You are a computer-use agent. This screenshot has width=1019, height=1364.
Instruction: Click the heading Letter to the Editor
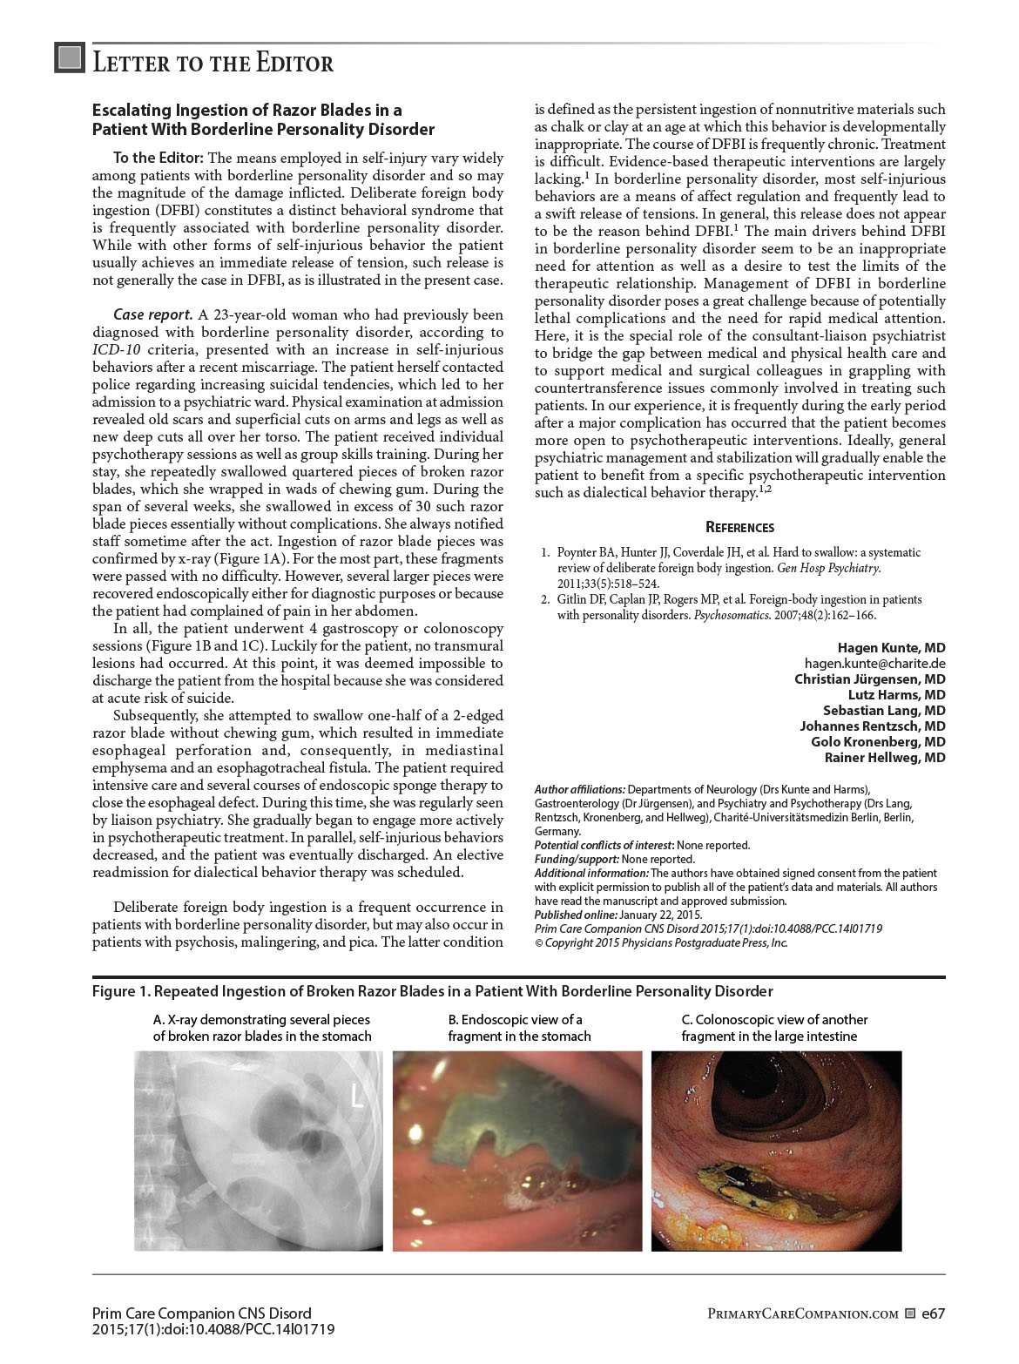pos(213,63)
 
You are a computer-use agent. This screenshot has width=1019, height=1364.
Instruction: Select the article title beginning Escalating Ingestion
pos(263,120)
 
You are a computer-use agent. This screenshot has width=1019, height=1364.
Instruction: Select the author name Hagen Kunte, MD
pos(891,648)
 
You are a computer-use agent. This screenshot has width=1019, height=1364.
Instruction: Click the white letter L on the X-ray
pos(357,1097)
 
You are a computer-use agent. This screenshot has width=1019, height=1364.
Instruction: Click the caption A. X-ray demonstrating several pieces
pos(261,1028)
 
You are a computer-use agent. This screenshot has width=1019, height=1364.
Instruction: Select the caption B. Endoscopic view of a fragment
pos(519,1028)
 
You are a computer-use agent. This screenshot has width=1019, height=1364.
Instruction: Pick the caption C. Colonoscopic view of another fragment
pos(774,1028)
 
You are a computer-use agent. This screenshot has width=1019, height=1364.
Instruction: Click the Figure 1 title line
pos(433,991)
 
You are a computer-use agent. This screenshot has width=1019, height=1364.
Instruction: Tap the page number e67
pos(934,1313)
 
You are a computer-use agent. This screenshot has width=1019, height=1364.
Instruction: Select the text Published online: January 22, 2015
pos(618,915)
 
